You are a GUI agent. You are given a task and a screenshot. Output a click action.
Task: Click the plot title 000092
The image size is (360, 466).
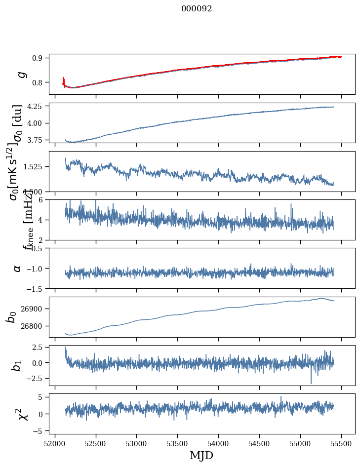(196, 9)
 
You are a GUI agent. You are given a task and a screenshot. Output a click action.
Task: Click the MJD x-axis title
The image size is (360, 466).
(201, 456)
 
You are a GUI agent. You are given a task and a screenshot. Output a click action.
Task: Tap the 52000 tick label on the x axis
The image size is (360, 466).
(55, 443)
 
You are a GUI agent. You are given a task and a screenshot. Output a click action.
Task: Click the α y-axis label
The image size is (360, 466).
(18, 268)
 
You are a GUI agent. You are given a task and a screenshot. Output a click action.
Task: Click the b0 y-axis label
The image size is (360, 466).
(11, 316)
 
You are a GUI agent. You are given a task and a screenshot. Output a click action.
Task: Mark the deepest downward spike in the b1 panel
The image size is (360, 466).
(311, 383)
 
